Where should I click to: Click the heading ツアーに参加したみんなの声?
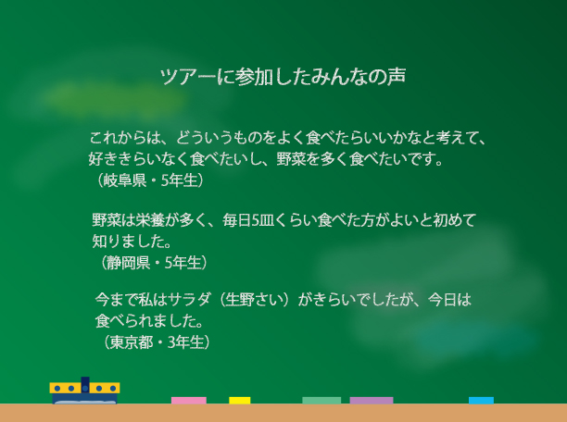(283, 77)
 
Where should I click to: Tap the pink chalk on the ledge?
(189, 400)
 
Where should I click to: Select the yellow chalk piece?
(240, 400)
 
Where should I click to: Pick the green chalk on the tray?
(321, 400)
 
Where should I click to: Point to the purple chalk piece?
(372, 400)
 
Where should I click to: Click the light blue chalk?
(481, 400)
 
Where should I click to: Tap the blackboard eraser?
(84, 391)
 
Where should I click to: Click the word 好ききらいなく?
(139, 159)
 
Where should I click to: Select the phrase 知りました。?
(132, 242)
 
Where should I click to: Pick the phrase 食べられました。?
(149, 321)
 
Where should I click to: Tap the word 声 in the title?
(397, 77)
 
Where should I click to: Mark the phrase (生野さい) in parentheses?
(255, 300)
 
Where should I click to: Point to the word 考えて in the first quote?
(458, 138)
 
